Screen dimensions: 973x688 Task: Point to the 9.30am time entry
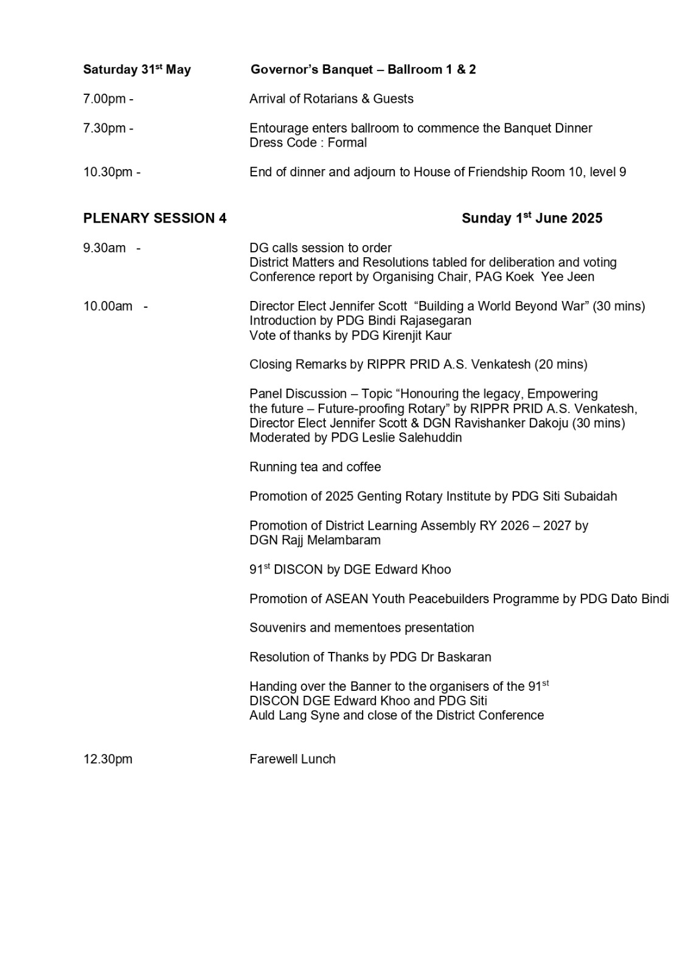pyautogui.click(x=105, y=248)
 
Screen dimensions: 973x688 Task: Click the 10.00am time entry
pyautogui.click(x=108, y=306)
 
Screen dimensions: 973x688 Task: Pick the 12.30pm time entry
pyautogui.click(x=108, y=760)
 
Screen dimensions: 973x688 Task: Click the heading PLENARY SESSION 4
pyautogui.click(x=155, y=219)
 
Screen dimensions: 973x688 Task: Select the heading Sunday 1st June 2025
pyautogui.click(x=532, y=218)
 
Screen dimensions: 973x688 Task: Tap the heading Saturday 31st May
pyautogui.click(x=137, y=70)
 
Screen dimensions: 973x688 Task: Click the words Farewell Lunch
pyautogui.click(x=292, y=760)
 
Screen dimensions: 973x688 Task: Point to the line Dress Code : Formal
pyautogui.click(x=308, y=143)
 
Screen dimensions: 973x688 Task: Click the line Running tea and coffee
pyautogui.click(x=315, y=467)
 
